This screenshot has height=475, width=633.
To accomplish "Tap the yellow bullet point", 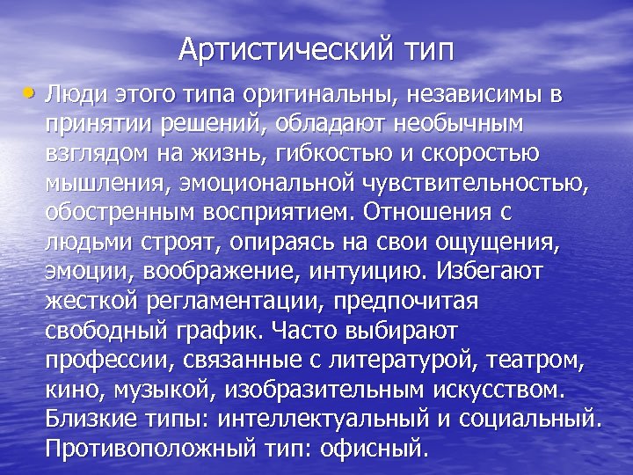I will tap(32, 91).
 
